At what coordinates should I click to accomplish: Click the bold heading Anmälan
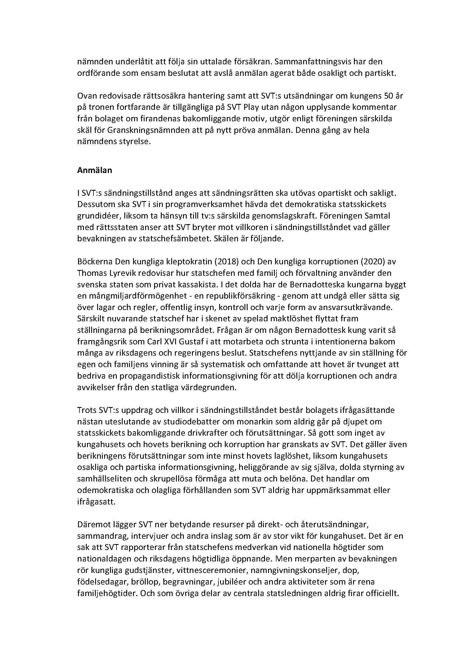tap(95, 170)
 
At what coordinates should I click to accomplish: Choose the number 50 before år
tap(385, 96)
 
